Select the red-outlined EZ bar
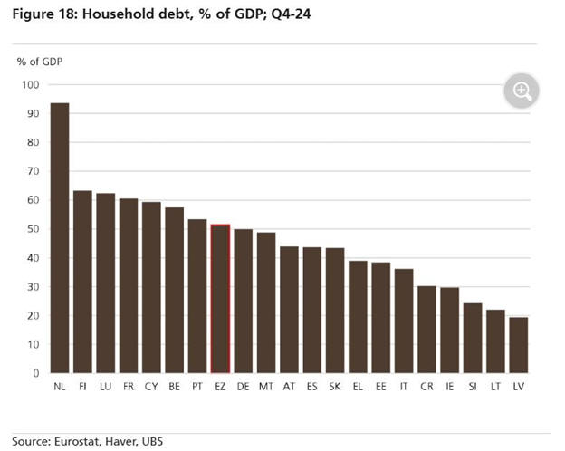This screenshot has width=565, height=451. (x=220, y=299)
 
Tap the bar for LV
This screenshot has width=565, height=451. (x=519, y=345)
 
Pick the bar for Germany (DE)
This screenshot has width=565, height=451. (x=244, y=301)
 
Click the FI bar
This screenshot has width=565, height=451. (x=82, y=282)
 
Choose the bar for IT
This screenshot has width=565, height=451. (x=404, y=321)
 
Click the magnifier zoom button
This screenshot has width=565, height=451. (x=522, y=91)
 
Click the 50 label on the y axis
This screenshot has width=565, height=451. (x=34, y=229)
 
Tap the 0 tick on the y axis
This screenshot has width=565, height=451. (x=36, y=373)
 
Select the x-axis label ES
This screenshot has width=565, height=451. (x=312, y=387)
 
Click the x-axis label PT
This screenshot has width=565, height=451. (x=197, y=387)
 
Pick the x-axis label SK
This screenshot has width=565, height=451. (x=335, y=387)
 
